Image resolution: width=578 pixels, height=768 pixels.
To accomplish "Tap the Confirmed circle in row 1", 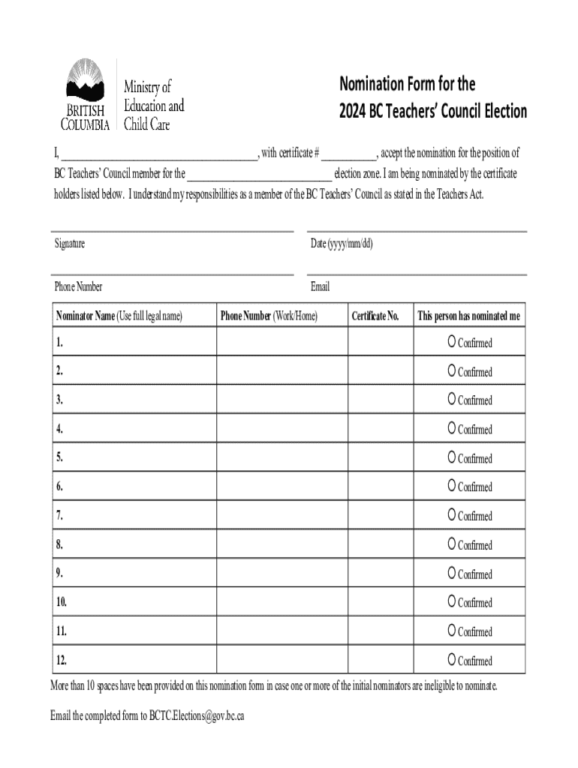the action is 452,342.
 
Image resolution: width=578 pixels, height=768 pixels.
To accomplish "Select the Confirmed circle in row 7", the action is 452,515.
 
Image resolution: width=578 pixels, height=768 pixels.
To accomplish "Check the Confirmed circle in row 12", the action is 452,660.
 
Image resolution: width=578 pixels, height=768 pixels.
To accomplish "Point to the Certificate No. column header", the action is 375,316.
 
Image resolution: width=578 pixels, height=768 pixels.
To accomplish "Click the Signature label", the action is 69,244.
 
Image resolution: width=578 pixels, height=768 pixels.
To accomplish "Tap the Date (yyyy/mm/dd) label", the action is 342,244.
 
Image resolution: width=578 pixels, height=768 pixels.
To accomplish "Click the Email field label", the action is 320,286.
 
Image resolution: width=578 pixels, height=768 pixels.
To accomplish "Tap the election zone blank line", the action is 259,175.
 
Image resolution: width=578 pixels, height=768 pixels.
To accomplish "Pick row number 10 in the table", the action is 62,602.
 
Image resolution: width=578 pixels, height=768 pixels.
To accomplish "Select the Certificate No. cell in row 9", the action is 380,574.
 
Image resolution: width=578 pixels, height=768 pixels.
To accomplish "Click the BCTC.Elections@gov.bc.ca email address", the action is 197,715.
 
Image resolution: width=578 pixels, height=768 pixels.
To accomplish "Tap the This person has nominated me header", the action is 468,316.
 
